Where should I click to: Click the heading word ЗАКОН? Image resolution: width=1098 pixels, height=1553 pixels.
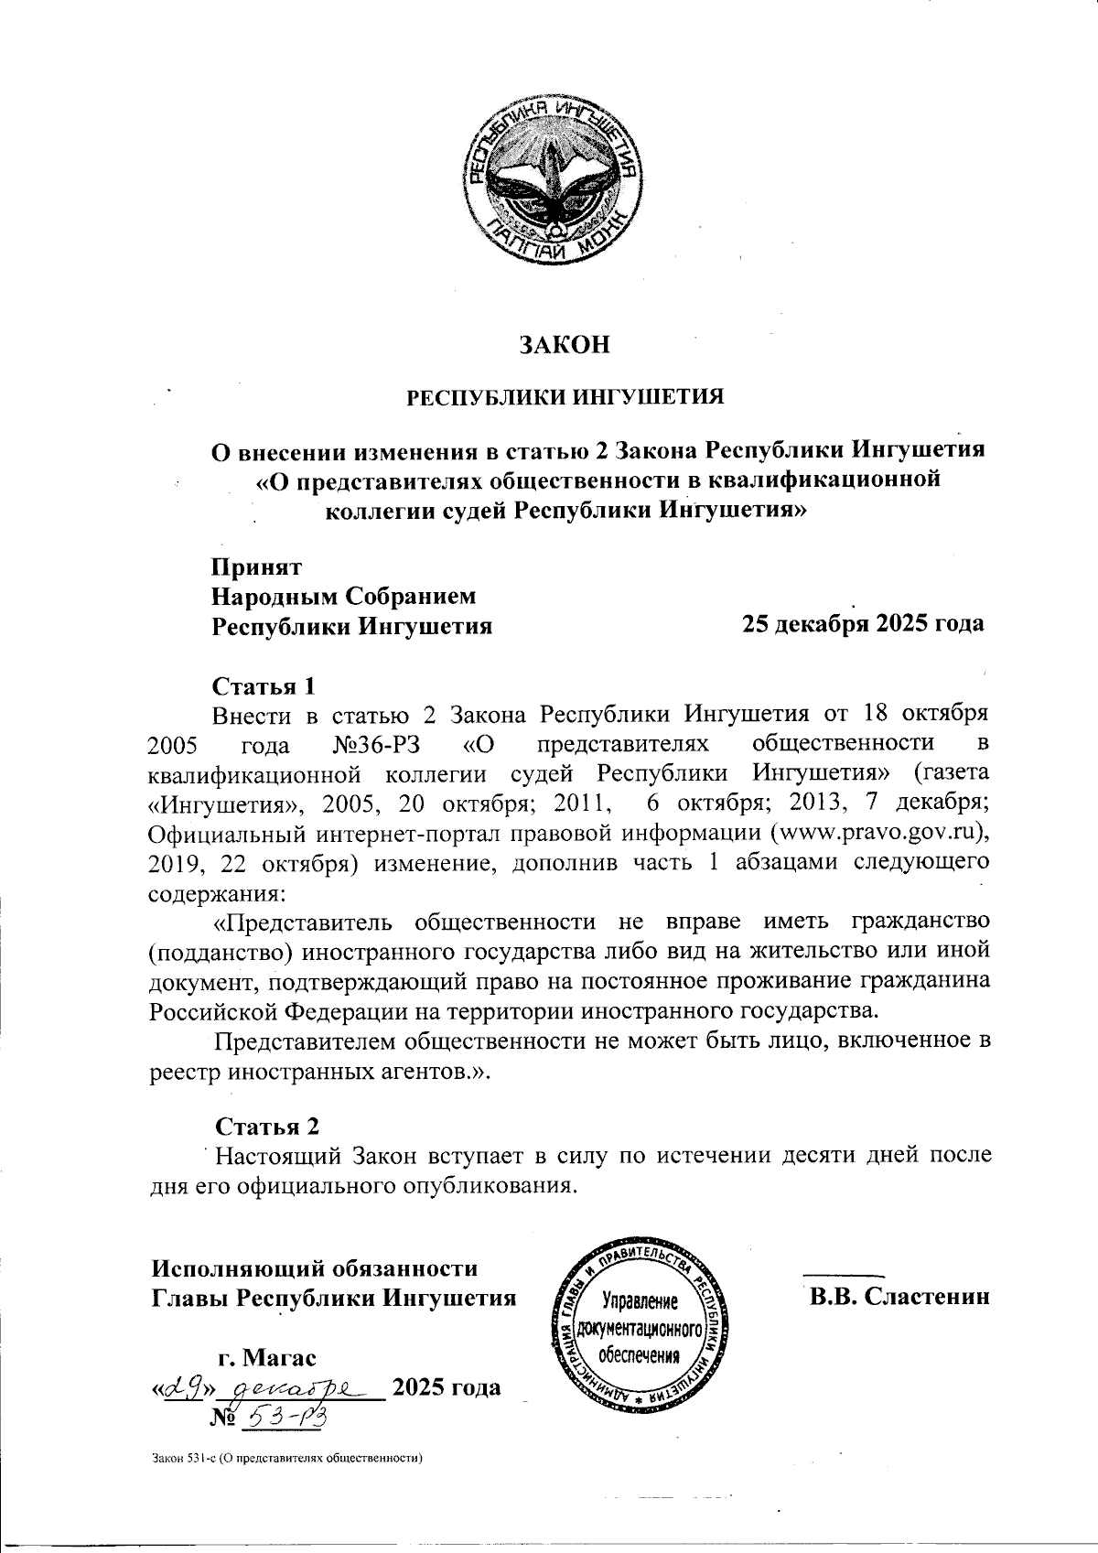(565, 345)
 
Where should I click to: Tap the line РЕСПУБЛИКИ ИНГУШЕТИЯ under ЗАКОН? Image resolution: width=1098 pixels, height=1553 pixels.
(565, 397)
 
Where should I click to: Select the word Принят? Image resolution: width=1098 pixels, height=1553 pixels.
(257, 566)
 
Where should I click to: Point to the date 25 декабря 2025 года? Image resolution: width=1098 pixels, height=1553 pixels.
(863, 624)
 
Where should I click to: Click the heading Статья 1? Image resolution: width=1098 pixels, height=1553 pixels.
(264, 685)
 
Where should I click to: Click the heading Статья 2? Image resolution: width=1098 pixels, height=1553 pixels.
(267, 1126)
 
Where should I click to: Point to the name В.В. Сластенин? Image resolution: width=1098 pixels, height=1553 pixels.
(899, 1297)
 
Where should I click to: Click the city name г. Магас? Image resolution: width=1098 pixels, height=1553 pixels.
(267, 1356)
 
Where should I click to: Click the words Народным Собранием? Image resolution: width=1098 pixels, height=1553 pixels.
(343, 597)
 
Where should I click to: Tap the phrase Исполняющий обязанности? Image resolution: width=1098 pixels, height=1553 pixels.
(314, 1268)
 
